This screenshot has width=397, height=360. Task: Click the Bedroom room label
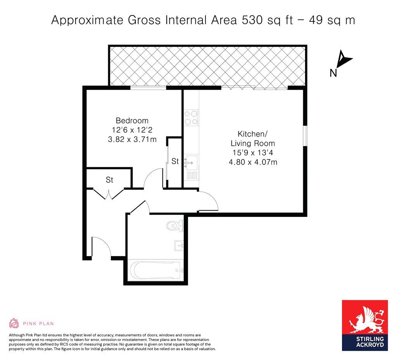pos(132,120)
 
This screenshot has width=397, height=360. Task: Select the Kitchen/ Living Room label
pos(253,138)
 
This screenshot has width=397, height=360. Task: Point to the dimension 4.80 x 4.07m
pos(253,162)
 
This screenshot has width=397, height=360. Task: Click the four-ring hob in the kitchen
pos(191,118)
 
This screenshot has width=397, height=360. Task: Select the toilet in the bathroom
pos(174,225)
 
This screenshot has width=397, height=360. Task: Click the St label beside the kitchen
pos(175,161)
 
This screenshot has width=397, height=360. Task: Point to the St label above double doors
pos(109,180)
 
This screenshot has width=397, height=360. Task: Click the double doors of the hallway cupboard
pos(109,193)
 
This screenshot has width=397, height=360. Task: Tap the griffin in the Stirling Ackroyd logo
pos(364,320)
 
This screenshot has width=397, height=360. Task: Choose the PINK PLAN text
pos(38,323)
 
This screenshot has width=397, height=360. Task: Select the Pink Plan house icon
pos(14,323)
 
